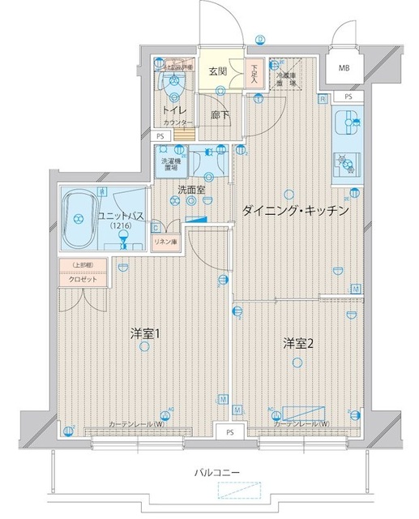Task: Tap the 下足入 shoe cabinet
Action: (x=254, y=74)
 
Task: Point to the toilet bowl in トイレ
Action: (x=173, y=84)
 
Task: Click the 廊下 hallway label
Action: (x=220, y=114)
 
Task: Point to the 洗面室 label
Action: (x=191, y=190)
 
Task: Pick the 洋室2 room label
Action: (x=297, y=343)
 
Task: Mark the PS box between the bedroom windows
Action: (x=230, y=432)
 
